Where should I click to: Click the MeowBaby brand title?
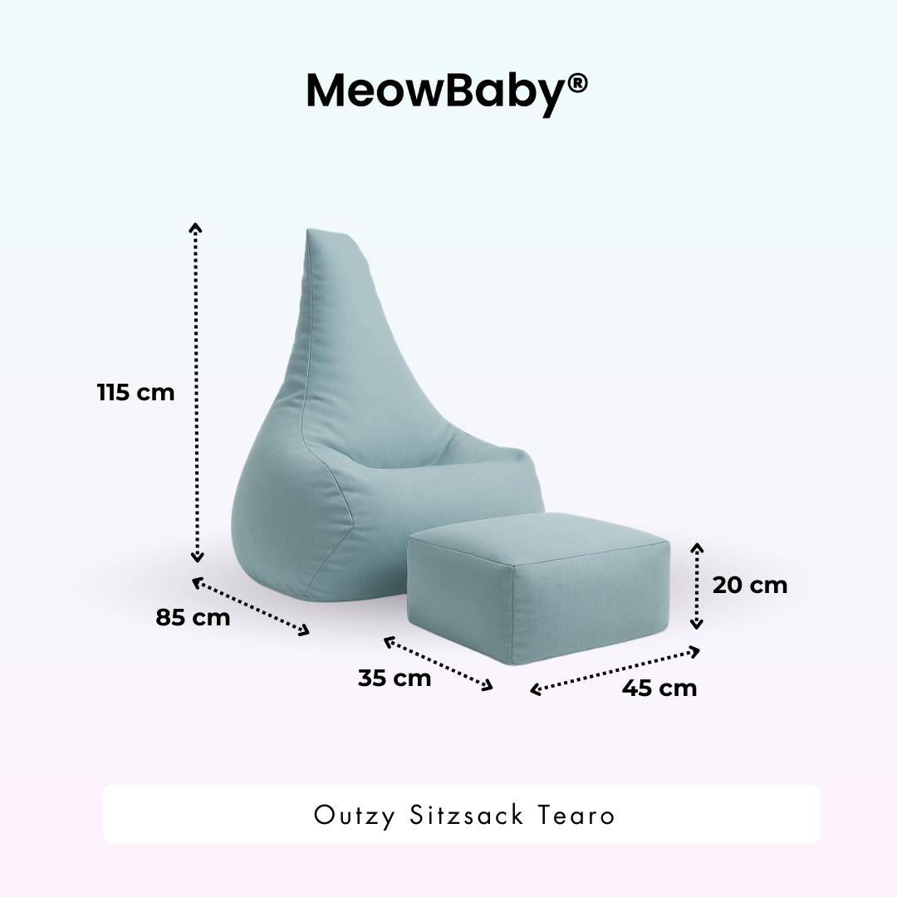pyautogui.click(x=437, y=91)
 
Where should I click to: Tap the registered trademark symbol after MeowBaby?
pyautogui.click(x=579, y=83)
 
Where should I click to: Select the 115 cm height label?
pyautogui.click(x=135, y=392)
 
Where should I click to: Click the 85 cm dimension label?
pyautogui.click(x=193, y=618)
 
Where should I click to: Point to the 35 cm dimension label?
pyautogui.click(x=395, y=678)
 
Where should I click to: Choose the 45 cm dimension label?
pyautogui.click(x=659, y=688)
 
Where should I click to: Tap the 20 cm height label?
pyautogui.click(x=749, y=585)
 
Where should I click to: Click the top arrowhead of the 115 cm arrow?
pyautogui.click(x=196, y=228)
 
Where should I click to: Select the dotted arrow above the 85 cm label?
pyautogui.click(x=251, y=606)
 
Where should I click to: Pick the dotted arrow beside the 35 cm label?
pyautogui.click(x=439, y=664)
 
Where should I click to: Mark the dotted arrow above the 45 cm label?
pyautogui.click(x=615, y=670)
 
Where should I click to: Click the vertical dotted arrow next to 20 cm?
pyautogui.click(x=698, y=586)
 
